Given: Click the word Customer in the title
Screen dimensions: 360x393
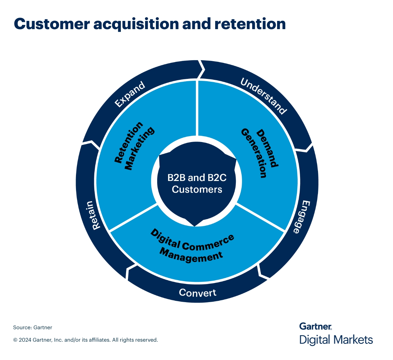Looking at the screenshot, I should pos(52,24).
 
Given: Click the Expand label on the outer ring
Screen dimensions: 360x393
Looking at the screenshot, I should pos(130,94).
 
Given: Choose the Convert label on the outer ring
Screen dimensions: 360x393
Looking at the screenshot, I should pos(197,293).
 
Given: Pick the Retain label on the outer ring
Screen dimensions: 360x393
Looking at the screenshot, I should pos(92,215).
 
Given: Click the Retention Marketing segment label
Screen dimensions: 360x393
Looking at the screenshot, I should pos(134,146).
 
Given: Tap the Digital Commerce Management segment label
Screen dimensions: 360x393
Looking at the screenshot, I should pos(192,247).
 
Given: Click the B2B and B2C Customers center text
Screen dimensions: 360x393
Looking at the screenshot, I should pos(197,184).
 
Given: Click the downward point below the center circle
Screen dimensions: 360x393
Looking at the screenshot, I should pos(195,225).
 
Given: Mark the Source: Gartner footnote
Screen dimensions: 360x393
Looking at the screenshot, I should pos(32,327).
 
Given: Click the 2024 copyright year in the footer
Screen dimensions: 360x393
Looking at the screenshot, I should pos(25,340).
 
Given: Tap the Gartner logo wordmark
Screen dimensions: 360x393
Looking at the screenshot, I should pos(315,326).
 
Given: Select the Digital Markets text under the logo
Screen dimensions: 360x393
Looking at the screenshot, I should pos(336,340).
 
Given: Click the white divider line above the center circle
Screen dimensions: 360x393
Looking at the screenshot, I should pos(197,108).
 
